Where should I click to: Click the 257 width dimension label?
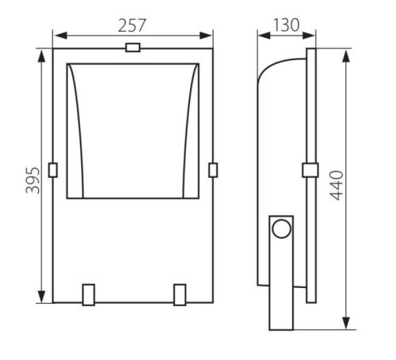(x=131, y=25)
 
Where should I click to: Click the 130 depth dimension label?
(x=286, y=25)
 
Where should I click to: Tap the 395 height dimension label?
(x=33, y=180)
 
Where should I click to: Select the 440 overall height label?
(x=337, y=185)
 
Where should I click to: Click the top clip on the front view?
(x=133, y=47)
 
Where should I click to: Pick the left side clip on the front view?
(x=53, y=170)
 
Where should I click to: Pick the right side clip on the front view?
(x=213, y=170)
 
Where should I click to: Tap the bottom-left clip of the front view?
(x=89, y=295)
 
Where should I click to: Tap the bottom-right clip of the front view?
(x=180, y=295)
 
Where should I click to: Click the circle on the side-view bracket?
(x=282, y=229)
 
